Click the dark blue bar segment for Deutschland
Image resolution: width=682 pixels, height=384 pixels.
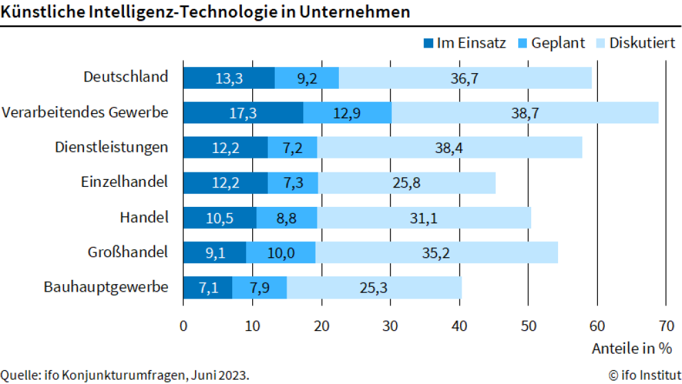pyautogui.click(x=229, y=78)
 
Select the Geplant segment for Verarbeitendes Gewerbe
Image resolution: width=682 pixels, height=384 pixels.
pyautogui.click(x=347, y=112)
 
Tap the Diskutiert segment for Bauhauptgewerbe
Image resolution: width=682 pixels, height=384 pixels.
pyautogui.click(x=374, y=287)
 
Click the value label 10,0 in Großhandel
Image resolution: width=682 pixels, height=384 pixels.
pyautogui.click(x=281, y=253)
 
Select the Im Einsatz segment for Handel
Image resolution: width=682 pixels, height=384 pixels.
pyautogui.click(x=219, y=218)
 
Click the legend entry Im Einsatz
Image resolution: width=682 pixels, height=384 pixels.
pyautogui.click(x=464, y=43)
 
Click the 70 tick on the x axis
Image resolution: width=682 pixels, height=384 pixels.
pyautogui.click(x=665, y=325)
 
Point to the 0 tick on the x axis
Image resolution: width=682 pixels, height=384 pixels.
pyautogui.click(x=183, y=325)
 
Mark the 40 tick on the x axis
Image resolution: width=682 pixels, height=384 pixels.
pyautogui.click(x=459, y=325)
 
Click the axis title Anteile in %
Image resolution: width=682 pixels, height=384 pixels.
pyautogui.click(x=631, y=348)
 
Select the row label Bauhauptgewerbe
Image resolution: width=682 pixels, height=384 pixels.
pyautogui.click(x=106, y=287)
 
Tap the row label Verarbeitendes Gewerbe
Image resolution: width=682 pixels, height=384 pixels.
pyautogui.click(x=85, y=112)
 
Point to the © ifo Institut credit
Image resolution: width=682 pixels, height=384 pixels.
pyautogui.click(x=640, y=375)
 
